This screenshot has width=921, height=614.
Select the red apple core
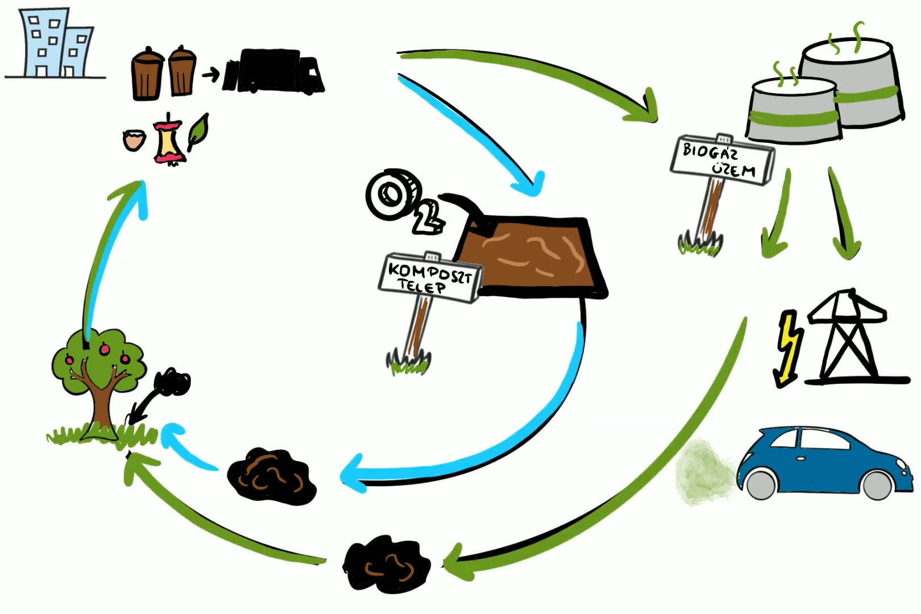(168, 140)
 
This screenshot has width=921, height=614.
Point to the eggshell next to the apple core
(134, 140)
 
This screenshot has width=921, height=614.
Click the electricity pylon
(847, 335)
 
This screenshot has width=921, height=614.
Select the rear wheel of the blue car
(761, 484)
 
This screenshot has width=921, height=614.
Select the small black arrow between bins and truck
(211, 74)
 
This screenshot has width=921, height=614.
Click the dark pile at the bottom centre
(387, 564)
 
